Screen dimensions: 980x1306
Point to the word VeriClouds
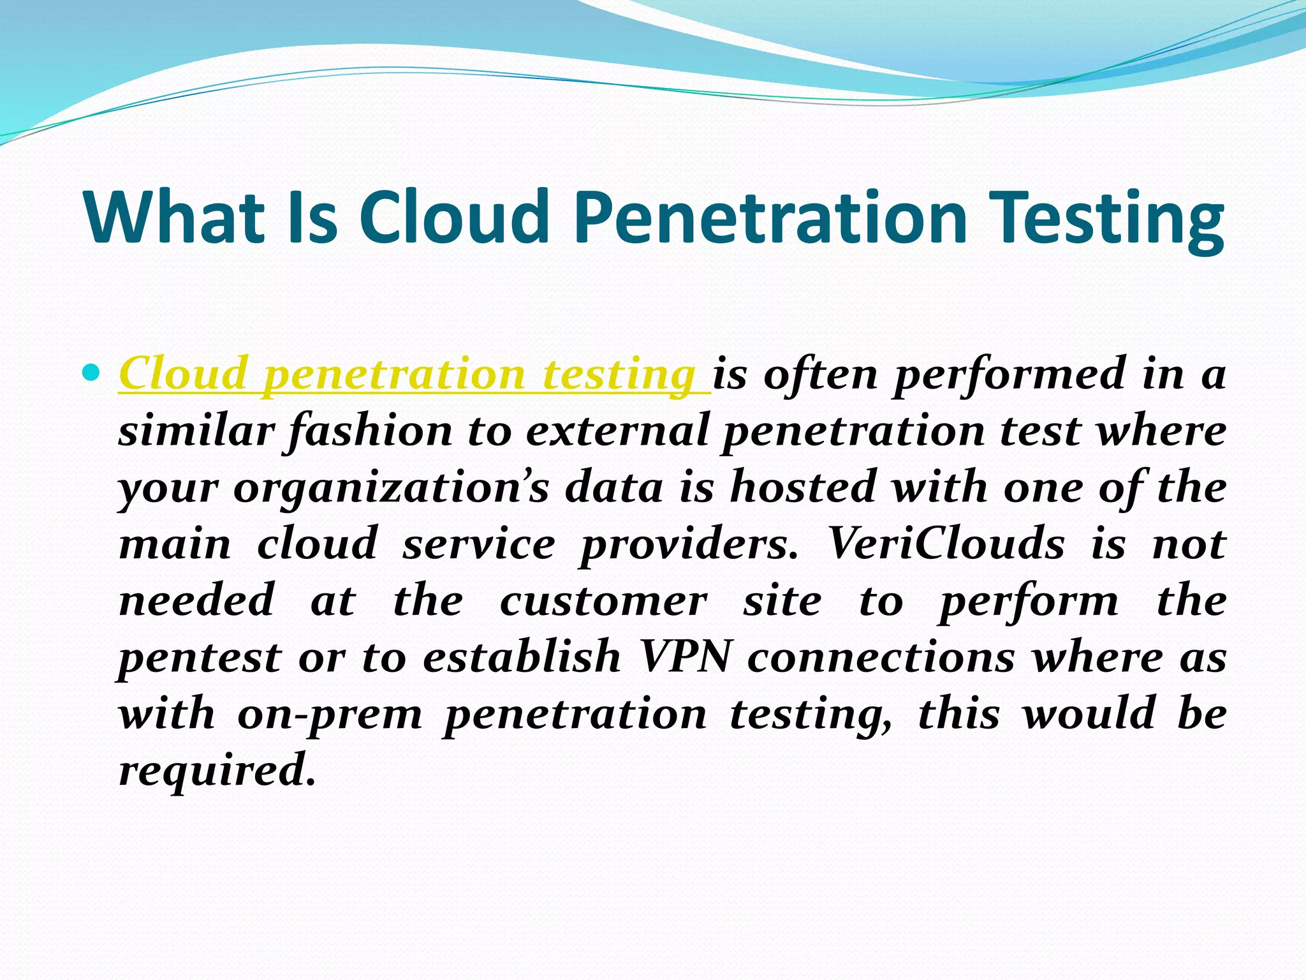945,545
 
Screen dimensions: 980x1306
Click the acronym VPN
684,658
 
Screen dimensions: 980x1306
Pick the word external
617,431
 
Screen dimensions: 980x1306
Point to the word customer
603,602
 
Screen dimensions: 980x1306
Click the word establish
522,657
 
